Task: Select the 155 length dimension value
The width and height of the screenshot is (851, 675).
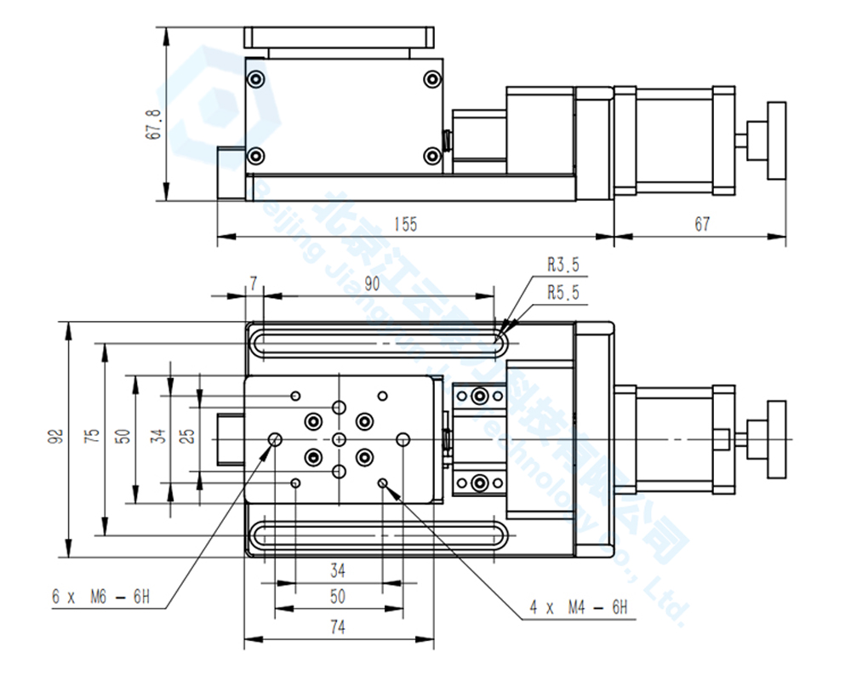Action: coord(406,224)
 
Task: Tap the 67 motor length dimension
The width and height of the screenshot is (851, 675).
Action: coord(701,224)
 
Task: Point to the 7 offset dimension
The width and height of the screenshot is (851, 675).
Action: coord(253,283)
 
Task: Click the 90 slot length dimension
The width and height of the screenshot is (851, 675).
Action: coord(372,284)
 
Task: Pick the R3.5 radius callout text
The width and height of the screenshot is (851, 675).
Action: coord(563,266)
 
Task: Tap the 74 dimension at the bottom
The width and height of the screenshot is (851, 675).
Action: coord(338,627)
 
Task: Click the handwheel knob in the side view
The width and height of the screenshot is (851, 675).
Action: coord(776,140)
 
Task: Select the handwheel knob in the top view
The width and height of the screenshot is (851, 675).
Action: coord(776,438)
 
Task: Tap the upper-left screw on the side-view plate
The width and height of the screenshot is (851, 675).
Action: coord(256,80)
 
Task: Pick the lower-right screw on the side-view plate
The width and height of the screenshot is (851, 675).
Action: coord(432,156)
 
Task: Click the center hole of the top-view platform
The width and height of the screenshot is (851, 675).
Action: coord(340,438)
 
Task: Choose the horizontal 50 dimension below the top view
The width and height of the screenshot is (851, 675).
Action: coord(338,596)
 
